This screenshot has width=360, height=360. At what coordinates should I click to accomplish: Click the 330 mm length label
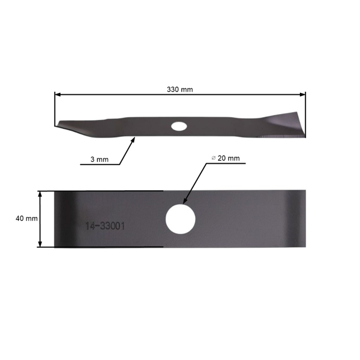(180, 89)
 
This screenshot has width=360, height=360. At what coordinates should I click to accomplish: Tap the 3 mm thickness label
(99, 160)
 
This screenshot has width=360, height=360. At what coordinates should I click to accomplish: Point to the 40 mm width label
(27, 219)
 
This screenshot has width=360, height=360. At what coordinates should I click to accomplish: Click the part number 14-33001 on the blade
(104, 227)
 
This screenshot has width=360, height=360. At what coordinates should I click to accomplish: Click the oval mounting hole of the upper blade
(178, 126)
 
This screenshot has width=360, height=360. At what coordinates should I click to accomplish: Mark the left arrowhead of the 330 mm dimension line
(58, 94)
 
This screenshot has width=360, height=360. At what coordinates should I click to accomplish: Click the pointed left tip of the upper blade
(56, 125)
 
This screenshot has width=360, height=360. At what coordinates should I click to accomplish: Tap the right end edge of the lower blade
(305, 219)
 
